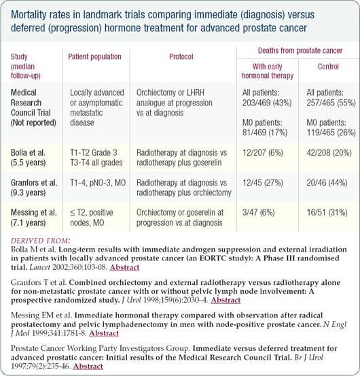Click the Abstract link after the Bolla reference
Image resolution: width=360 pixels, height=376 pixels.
tap(124, 267)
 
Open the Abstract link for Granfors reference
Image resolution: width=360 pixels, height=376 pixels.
tap(226, 300)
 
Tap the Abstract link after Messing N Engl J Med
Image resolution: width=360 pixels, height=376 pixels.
tap(104, 333)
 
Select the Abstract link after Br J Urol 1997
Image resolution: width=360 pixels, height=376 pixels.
tap(88, 366)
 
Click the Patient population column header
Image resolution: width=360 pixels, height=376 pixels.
tap(94, 57)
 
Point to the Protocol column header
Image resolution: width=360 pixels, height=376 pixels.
tap(181, 57)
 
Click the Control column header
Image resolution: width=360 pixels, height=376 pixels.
tap(328, 67)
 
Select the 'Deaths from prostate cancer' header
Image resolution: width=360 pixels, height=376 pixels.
tap(300, 50)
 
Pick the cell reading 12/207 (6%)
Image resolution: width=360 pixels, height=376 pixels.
tap(263, 153)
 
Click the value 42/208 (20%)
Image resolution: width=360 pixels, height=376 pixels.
tap(329, 153)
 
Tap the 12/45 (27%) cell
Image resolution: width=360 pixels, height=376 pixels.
tap(263, 183)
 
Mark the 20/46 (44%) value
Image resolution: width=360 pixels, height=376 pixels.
tap(327, 183)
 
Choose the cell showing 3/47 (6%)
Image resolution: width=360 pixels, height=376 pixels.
tap(258, 212)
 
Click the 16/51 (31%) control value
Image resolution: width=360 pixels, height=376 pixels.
tap(327, 212)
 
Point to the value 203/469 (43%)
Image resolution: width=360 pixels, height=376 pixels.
tap(267, 103)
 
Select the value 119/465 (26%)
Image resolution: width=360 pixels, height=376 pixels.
tap(331, 133)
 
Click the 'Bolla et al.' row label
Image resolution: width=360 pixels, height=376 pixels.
tap(28, 153)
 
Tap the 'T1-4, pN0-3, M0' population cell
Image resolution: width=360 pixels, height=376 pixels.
tap(98, 183)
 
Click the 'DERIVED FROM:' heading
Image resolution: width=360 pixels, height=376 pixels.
tap(41, 241)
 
